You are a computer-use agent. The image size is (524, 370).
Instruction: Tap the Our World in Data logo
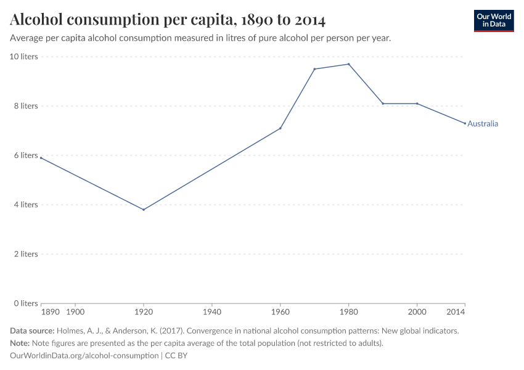[x=494, y=20]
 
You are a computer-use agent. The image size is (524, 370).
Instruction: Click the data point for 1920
[x=144, y=210]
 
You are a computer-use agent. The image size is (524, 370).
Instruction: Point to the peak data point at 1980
[x=349, y=64]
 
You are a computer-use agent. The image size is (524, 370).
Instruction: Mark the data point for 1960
[x=280, y=128]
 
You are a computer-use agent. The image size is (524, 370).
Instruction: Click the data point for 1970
[x=314, y=69]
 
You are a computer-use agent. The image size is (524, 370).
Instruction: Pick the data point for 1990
[x=383, y=104]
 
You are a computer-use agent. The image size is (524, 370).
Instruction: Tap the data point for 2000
[x=417, y=104]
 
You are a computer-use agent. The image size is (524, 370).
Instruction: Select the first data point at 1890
[x=41, y=158]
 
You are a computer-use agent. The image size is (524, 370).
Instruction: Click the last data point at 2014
[x=465, y=123]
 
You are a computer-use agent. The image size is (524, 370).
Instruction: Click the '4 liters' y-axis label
[x=25, y=205]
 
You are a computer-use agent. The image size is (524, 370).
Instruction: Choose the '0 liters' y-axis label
[x=25, y=303]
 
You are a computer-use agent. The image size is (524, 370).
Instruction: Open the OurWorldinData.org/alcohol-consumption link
[x=84, y=356]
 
